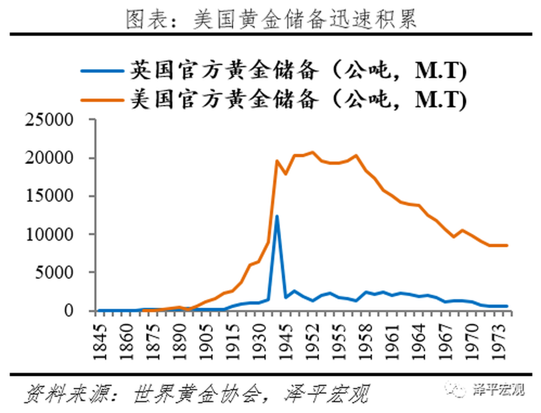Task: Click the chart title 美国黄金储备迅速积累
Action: click(x=270, y=19)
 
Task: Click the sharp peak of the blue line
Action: click(x=277, y=216)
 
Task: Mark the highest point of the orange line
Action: click(x=312, y=152)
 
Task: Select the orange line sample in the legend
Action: click(x=101, y=100)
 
